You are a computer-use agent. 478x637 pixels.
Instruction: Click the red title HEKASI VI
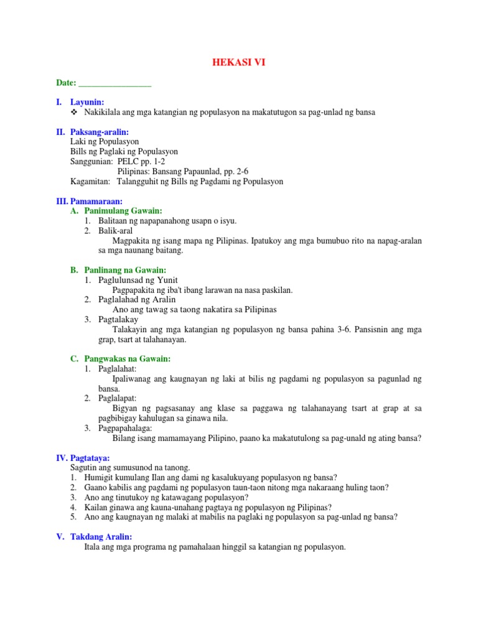coord(239,62)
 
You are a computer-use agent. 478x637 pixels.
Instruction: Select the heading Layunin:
coord(88,102)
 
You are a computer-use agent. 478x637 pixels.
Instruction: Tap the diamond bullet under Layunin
coord(75,112)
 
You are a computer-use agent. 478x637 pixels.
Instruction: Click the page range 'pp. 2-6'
coord(217,172)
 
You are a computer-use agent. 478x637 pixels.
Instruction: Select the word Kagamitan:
coord(90,182)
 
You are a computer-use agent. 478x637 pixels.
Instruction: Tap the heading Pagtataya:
coord(90,458)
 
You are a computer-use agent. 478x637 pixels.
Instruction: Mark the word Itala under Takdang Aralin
coord(93,547)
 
